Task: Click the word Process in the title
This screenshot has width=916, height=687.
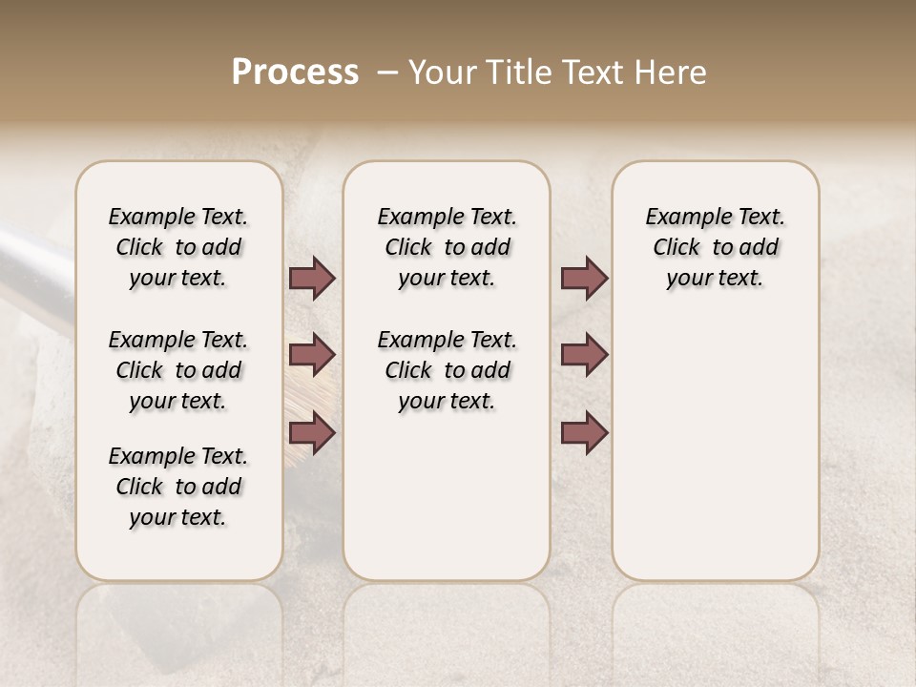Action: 295,72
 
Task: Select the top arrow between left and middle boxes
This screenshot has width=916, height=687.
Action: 312,279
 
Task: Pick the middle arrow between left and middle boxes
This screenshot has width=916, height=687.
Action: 312,355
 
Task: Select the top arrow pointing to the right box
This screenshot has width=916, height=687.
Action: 584,279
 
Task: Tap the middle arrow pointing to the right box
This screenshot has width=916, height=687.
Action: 584,355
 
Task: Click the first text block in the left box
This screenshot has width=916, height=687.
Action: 178,247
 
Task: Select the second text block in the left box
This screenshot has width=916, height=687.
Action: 178,370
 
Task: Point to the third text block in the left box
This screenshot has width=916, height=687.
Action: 178,487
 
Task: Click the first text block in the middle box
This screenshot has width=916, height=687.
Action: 448,247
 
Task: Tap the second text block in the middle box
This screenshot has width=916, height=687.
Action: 448,370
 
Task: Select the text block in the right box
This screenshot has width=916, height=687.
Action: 716,247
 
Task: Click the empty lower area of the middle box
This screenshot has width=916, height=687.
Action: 447,496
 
